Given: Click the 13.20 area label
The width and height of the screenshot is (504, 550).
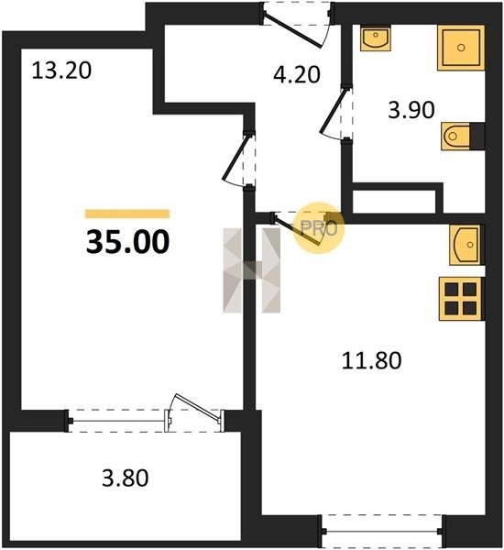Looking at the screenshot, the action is pyautogui.click(x=61, y=71).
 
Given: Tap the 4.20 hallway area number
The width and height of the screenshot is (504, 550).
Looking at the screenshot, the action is pyautogui.click(x=297, y=75).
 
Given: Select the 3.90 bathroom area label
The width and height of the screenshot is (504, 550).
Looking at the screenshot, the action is pyautogui.click(x=411, y=109).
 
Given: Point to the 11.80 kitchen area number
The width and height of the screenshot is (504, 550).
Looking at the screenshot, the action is pyautogui.click(x=371, y=360).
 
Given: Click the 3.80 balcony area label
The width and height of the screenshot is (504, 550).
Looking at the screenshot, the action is pyautogui.click(x=126, y=478).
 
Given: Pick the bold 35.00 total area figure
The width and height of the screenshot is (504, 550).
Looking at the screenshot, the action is pyautogui.click(x=127, y=242).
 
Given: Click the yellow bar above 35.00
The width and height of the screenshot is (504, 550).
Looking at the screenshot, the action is pyautogui.click(x=127, y=214).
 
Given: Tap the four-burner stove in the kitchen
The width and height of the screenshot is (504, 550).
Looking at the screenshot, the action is pyautogui.click(x=461, y=299).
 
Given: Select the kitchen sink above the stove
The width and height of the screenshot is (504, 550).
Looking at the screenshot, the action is pyautogui.click(x=466, y=245).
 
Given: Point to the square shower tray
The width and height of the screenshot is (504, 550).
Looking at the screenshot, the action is pyautogui.click(x=461, y=48).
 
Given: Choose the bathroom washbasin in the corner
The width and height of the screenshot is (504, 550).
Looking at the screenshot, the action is pyautogui.click(x=376, y=38).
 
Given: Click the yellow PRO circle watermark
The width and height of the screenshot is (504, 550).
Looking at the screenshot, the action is pyautogui.click(x=319, y=228).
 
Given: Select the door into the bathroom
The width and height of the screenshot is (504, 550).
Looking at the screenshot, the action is pyautogui.click(x=336, y=113).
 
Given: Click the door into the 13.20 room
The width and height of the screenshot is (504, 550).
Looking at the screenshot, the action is pyautogui.click(x=238, y=159).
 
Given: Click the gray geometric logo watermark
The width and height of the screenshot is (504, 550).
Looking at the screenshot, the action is pyautogui.click(x=252, y=270).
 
